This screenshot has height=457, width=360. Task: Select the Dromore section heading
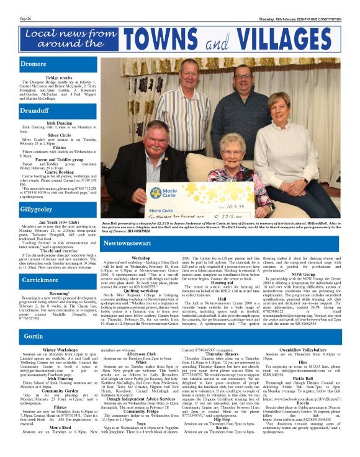click(x=34, y=63)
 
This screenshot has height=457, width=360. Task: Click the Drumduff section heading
click(x=35, y=110)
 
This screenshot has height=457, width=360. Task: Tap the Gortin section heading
click(x=34, y=336)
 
